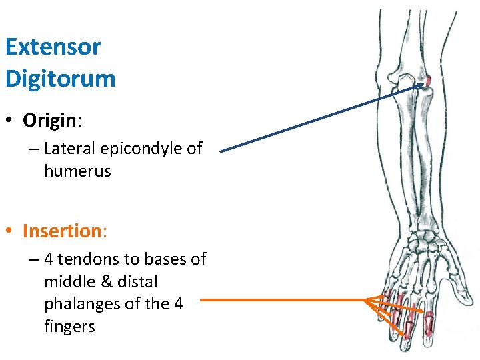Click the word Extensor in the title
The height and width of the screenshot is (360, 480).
point(53,47)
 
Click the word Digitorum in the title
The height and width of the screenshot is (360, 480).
point(60,79)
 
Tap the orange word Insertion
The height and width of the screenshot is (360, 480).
point(60,231)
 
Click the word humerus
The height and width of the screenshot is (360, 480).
point(77,171)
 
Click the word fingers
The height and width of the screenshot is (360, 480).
point(69,327)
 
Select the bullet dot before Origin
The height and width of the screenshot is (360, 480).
point(9,121)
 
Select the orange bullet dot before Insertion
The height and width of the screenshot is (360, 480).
point(9,232)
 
